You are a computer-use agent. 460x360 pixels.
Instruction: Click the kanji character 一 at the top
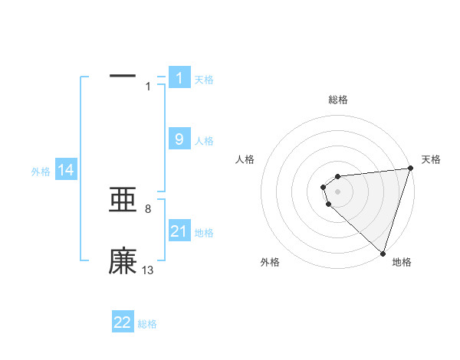(x=123, y=76)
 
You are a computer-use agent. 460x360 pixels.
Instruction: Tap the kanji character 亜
(x=123, y=201)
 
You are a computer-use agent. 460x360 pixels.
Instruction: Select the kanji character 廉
(x=123, y=261)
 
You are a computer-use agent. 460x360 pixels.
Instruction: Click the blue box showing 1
(x=179, y=77)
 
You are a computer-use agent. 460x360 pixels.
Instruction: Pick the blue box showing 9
(x=179, y=139)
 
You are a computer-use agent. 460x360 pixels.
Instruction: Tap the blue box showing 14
(x=66, y=170)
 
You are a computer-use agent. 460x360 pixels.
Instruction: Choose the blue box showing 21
(x=179, y=231)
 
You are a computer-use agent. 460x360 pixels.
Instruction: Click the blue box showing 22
(x=123, y=322)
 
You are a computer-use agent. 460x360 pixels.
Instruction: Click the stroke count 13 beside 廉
(x=148, y=270)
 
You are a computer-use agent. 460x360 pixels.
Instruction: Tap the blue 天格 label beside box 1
(x=204, y=79)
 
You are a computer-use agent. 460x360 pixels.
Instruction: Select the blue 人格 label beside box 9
(x=204, y=141)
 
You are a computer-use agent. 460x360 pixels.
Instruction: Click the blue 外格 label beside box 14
(x=41, y=172)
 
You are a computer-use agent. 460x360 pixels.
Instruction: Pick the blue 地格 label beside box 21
(x=204, y=233)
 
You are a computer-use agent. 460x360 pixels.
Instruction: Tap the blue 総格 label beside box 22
(x=147, y=324)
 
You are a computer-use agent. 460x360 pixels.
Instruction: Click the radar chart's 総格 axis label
(x=337, y=100)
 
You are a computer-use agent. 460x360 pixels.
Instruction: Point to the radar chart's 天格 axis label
(x=431, y=159)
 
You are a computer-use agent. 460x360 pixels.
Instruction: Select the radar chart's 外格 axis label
(x=270, y=262)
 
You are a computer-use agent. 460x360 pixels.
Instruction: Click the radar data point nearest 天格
(x=409, y=169)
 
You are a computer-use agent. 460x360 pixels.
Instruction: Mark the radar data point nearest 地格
(x=383, y=253)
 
